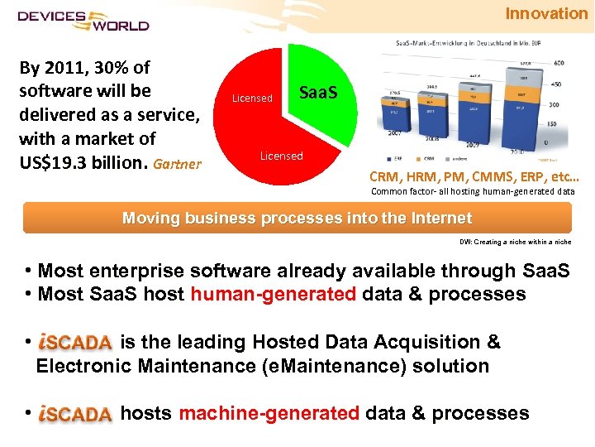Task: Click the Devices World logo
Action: click(x=83, y=20)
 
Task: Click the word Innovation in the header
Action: click(x=546, y=13)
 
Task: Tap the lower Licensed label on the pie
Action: click(x=281, y=156)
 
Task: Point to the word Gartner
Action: click(x=177, y=163)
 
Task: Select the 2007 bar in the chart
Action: click(x=396, y=116)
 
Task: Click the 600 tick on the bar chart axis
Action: click(x=559, y=63)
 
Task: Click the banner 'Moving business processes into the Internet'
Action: click(x=297, y=219)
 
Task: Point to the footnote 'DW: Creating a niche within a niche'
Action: click(x=515, y=243)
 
